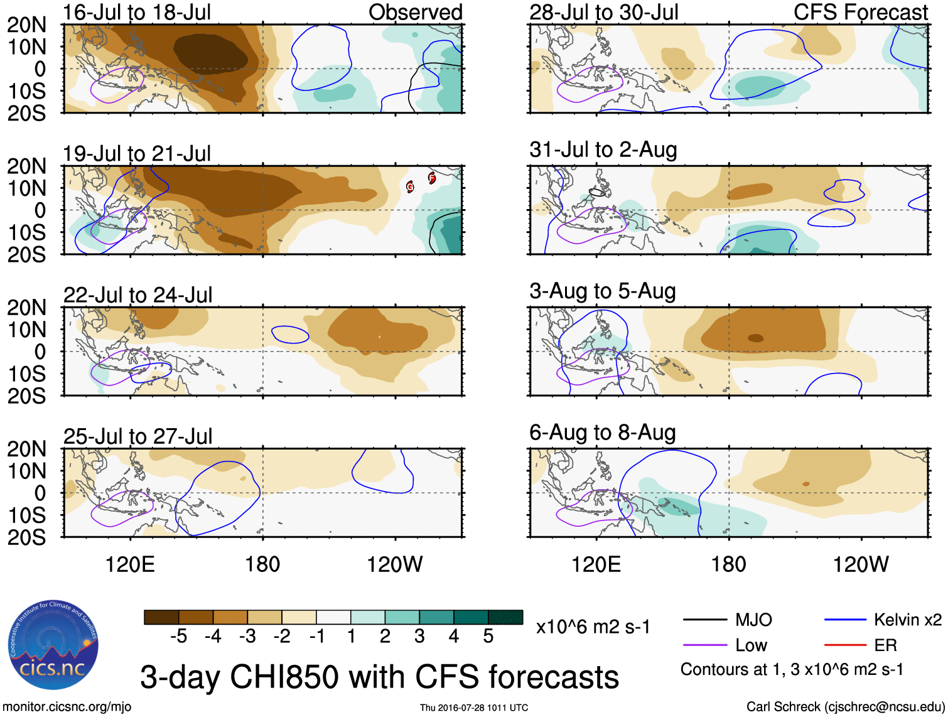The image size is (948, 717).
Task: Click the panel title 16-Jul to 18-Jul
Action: (137, 12)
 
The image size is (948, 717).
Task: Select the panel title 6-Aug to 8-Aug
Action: (603, 433)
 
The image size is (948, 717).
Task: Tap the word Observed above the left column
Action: (415, 12)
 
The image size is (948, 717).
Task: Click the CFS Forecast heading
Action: (860, 12)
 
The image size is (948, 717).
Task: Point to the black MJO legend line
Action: (704, 620)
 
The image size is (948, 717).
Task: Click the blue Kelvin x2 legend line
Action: (845, 620)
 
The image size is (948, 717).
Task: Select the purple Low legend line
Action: (704, 645)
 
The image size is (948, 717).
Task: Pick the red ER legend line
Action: (845, 645)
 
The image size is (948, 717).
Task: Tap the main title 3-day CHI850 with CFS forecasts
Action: (379, 677)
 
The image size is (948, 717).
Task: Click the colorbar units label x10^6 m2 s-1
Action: (593, 627)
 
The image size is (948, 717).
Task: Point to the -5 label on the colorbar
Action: (178, 637)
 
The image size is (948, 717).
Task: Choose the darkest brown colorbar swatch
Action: (161, 617)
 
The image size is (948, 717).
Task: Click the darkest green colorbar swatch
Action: (505, 617)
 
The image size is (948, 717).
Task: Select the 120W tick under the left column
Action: (395, 564)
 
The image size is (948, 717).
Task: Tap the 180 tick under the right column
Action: (728, 564)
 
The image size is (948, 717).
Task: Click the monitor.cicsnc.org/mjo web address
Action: (67, 707)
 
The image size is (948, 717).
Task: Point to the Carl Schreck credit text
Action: (845, 707)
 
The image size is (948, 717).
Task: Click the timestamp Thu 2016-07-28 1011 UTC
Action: (474, 708)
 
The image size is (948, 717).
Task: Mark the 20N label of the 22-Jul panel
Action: (26, 308)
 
